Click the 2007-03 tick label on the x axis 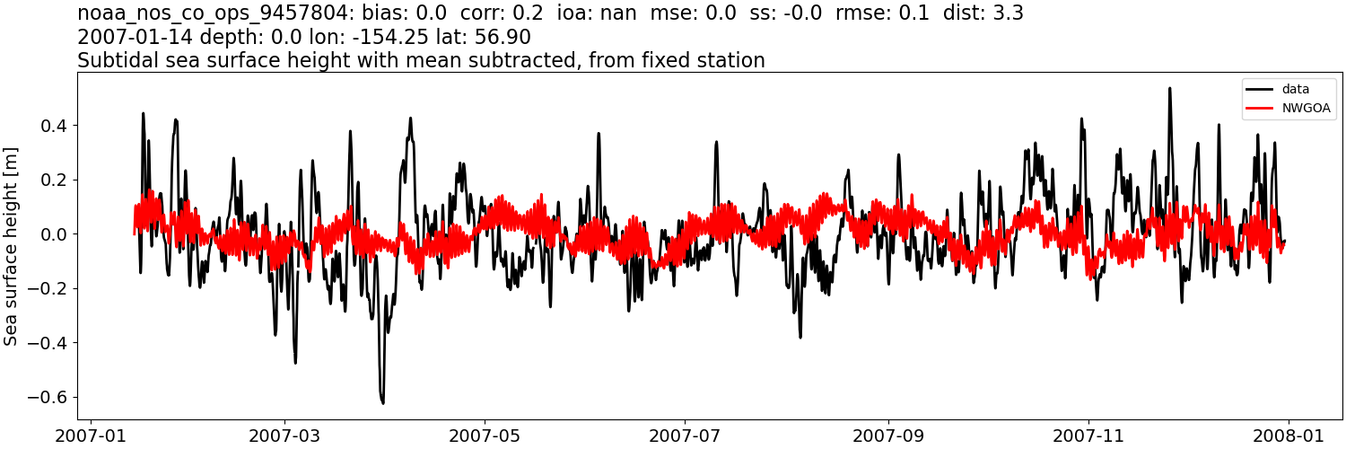pyautogui.click(x=284, y=436)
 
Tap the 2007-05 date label pyautogui.click(x=485, y=436)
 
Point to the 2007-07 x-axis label pyautogui.click(x=685, y=436)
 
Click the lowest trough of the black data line pyautogui.click(x=383, y=403)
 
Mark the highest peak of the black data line pyautogui.click(x=1169, y=88)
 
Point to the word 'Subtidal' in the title pyautogui.click(x=111, y=61)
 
